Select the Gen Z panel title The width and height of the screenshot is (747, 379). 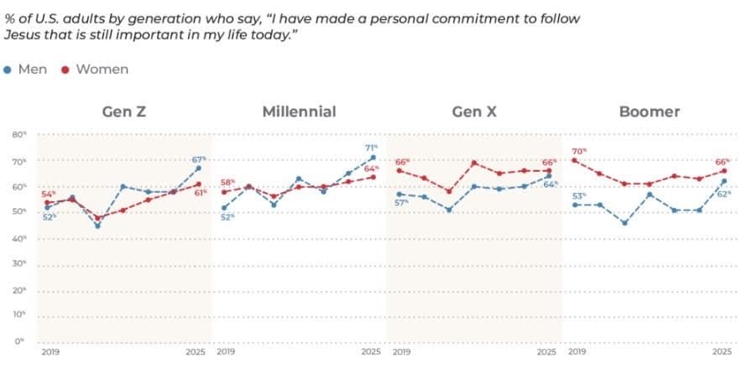tap(125, 112)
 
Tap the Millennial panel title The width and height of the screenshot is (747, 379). tap(299, 112)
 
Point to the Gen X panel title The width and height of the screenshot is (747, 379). tap(473, 112)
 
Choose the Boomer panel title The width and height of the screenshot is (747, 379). tap(649, 112)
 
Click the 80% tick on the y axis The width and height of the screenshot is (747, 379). tap(18, 134)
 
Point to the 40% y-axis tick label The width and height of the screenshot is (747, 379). tap(18, 239)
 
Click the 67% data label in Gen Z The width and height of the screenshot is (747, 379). tap(199, 159)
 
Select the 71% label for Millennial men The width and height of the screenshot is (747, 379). tap(371, 148)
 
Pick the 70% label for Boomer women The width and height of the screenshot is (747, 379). tap(578, 151)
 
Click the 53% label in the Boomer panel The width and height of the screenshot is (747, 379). tap(578, 195)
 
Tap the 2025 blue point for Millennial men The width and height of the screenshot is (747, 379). tap(373, 158)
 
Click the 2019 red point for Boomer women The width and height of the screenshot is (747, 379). tap(575, 160)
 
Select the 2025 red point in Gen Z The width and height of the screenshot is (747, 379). tap(198, 184)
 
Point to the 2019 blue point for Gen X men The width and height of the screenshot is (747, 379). tap(400, 194)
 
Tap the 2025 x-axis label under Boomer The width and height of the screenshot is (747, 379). tap(721, 352)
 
